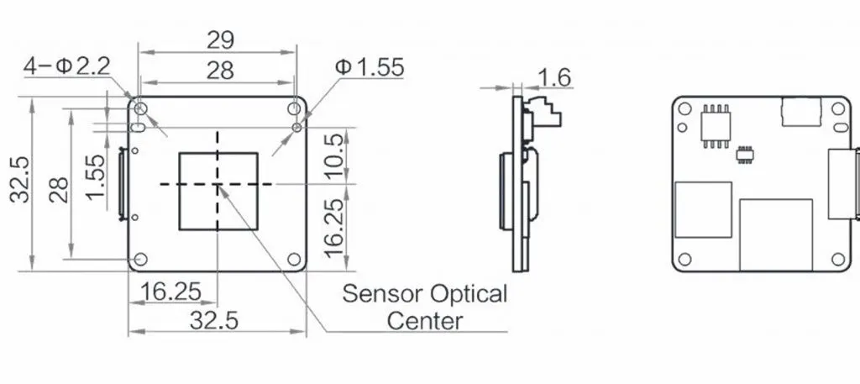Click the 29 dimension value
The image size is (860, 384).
click(x=221, y=40)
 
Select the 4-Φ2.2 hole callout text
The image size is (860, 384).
click(x=67, y=66)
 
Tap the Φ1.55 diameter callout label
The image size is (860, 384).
click(x=370, y=67)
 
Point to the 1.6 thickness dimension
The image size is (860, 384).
click(x=554, y=78)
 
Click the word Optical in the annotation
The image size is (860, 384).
click(x=469, y=294)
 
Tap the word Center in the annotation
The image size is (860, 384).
click(x=425, y=321)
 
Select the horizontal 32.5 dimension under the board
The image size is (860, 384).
click(x=214, y=320)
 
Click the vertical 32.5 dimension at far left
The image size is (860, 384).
click(x=20, y=179)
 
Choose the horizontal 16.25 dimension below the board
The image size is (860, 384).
click(x=170, y=292)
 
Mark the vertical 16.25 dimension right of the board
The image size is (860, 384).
click(x=336, y=229)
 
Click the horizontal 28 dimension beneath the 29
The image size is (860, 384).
click(x=221, y=71)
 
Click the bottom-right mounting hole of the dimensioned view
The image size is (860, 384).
click(x=294, y=259)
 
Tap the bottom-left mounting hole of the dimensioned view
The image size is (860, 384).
click(x=141, y=259)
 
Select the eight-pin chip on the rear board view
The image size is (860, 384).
click(x=716, y=126)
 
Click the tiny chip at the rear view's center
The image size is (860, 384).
click(x=744, y=155)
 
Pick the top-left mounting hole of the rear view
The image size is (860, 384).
click(x=684, y=108)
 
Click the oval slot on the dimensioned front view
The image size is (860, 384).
click(x=138, y=128)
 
